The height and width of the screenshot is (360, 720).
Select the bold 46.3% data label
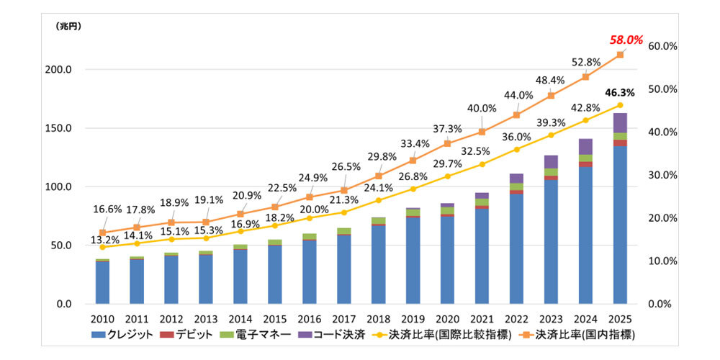[x=620, y=93]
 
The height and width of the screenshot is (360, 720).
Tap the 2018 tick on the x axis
[x=379, y=319]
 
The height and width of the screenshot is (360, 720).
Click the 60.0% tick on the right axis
[x=663, y=46]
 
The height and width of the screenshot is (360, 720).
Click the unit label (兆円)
[x=69, y=26]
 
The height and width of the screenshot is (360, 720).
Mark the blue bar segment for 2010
[x=103, y=282]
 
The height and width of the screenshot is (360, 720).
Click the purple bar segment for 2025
[x=620, y=123]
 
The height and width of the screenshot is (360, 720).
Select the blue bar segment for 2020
[x=447, y=259]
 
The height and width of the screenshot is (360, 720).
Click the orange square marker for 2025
[x=620, y=55]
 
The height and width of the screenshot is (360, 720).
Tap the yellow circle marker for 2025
[x=620, y=105]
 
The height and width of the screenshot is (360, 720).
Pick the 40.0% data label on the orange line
[x=482, y=109]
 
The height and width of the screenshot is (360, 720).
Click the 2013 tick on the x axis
[x=206, y=319]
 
